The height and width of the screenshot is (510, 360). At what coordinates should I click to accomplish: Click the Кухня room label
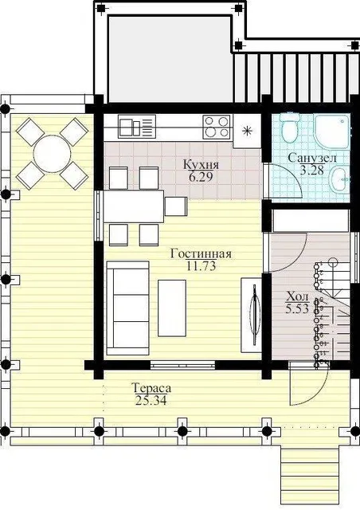click(x=201, y=164)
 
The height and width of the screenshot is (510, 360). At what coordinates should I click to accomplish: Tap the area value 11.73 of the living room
click(x=202, y=266)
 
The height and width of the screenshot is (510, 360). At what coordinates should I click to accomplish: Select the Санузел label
click(x=312, y=158)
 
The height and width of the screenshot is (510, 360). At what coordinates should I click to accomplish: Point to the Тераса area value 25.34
click(x=151, y=400)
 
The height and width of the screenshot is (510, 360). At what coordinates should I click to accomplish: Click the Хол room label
click(x=297, y=296)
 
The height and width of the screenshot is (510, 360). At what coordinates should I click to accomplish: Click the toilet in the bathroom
click(x=290, y=128)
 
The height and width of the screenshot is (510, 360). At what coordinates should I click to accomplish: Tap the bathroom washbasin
click(x=339, y=177)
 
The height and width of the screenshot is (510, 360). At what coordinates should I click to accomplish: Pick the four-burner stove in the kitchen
click(x=217, y=127)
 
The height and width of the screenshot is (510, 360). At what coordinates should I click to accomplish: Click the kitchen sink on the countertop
click(x=136, y=127)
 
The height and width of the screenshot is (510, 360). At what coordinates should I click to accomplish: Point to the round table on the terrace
click(x=52, y=154)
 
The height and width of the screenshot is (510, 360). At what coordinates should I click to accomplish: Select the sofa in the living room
click(x=127, y=308)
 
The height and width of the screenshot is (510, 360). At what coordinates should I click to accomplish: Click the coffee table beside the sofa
click(x=172, y=308)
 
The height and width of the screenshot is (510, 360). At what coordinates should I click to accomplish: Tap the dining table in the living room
click(x=133, y=206)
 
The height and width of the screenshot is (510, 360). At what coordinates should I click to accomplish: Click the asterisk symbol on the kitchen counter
click(x=247, y=131)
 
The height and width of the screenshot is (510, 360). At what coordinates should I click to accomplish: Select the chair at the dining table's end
click(x=176, y=206)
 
